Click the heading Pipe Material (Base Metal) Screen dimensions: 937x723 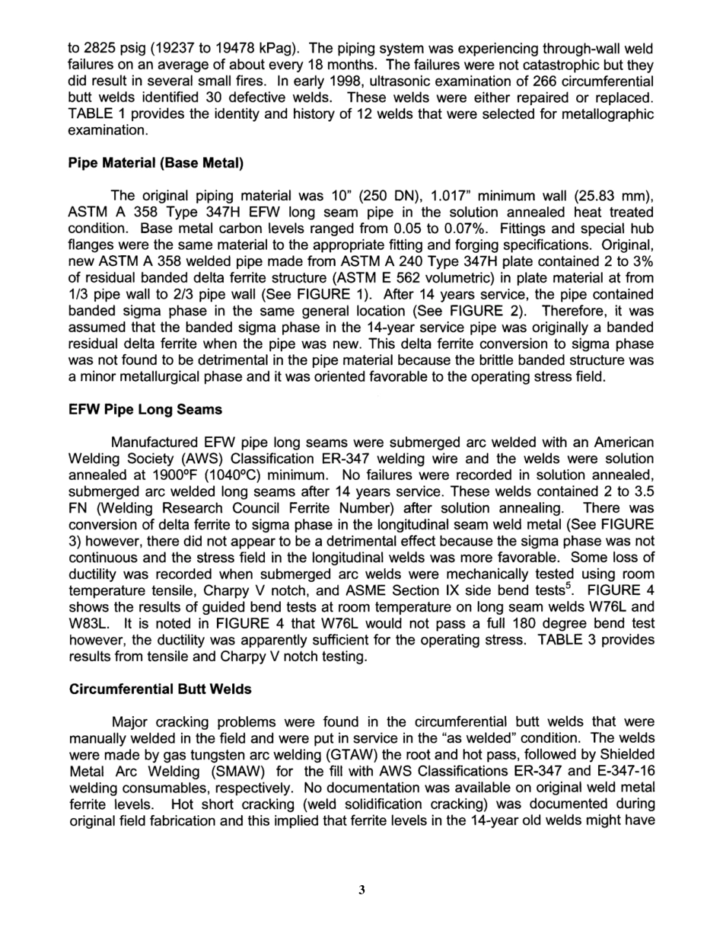coord(156,163)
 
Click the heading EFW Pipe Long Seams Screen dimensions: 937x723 coord(145,409)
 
